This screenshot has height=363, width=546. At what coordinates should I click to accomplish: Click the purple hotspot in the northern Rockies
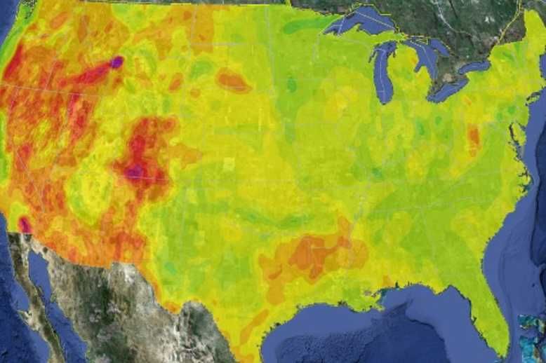click(116, 62)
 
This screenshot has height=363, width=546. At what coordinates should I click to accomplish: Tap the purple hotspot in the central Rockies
click(136, 170)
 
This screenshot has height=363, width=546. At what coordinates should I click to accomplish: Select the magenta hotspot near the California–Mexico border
click(25, 224)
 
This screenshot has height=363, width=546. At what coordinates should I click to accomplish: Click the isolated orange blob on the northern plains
click(232, 81)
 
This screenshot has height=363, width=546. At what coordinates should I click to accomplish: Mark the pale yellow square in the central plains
click(229, 164)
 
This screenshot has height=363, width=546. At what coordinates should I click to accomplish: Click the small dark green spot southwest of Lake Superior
click(291, 84)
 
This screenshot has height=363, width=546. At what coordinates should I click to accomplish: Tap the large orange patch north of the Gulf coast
click(309, 256)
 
